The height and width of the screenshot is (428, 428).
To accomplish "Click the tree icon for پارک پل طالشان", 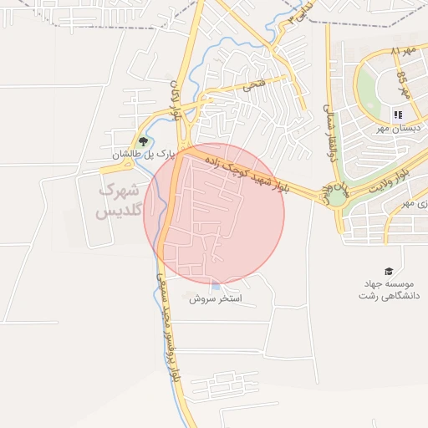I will click(x=143, y=141).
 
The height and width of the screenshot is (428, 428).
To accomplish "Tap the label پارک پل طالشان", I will click(x=143, y=155).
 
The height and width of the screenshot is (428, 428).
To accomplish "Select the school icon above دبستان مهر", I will click(x=397, y=115).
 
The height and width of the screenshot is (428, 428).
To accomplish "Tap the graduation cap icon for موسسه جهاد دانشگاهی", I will click(x=388, y=271).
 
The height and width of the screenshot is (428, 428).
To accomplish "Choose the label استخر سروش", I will click(x=215, y=298).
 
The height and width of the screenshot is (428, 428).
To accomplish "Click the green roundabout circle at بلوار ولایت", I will click(x=337, y=198).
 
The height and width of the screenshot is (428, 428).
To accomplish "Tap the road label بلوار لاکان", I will click(x=176, y=99).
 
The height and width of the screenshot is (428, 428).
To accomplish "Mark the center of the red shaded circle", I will click(x=215, y=213).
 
